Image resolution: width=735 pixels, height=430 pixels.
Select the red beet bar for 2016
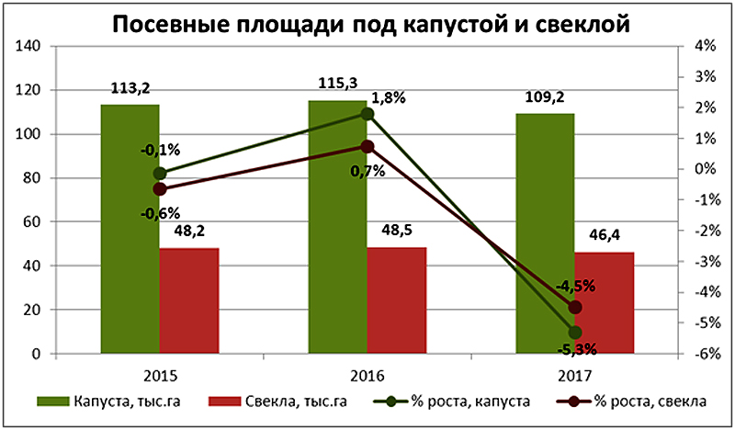(x=397, y=300)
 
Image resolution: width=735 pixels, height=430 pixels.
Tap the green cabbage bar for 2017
(x=545, y=233)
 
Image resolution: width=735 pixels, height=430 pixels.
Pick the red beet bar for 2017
(x=605, y=302)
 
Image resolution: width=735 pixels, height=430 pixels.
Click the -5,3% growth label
(x=577, y=348)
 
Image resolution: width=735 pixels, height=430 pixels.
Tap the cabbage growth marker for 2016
(x=367, y=114)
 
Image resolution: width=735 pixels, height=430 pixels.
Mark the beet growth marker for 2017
(x=576, y=307)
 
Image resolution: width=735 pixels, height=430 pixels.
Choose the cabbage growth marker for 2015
(x=160, y=173)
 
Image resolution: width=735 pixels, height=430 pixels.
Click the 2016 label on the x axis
(x=367, y=376)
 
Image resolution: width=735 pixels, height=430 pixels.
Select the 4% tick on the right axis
(x=703, y=47)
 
